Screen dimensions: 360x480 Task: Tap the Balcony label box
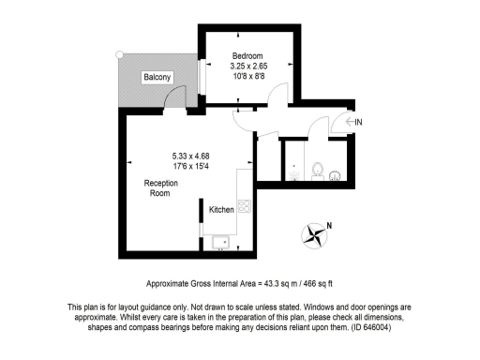(157, 78)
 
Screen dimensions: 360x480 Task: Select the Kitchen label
(220, 209)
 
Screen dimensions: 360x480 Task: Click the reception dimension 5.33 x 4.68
(192, 156)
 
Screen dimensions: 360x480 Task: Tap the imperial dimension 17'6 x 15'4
(192, 167)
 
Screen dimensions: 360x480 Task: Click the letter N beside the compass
(328, 223)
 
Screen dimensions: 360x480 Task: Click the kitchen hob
(243, 207)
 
